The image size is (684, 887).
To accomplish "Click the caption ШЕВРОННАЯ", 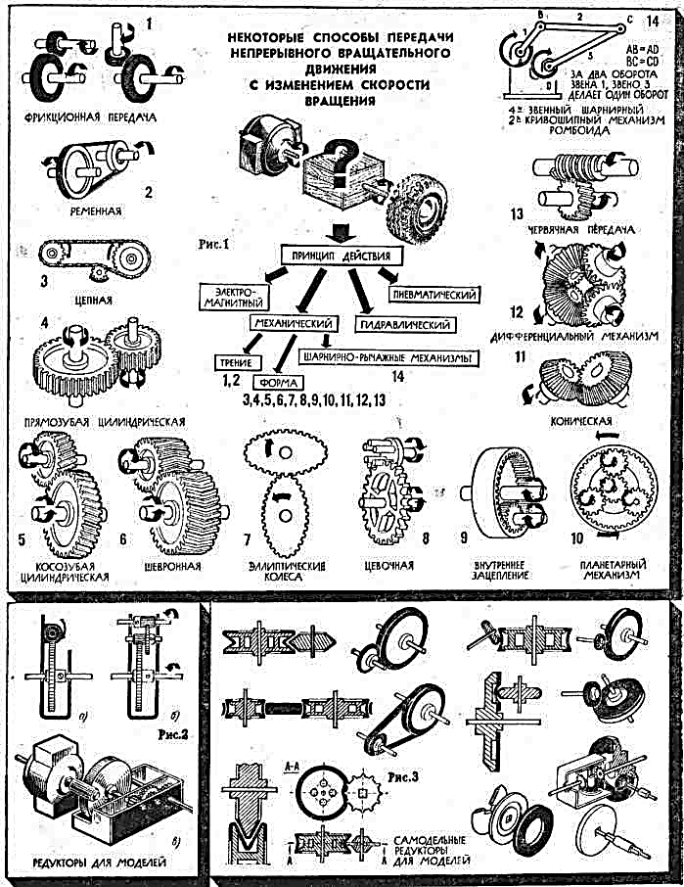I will [174, 566].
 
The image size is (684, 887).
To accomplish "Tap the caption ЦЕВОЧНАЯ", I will [391, 566].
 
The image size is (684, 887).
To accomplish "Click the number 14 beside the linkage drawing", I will [663, 18].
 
